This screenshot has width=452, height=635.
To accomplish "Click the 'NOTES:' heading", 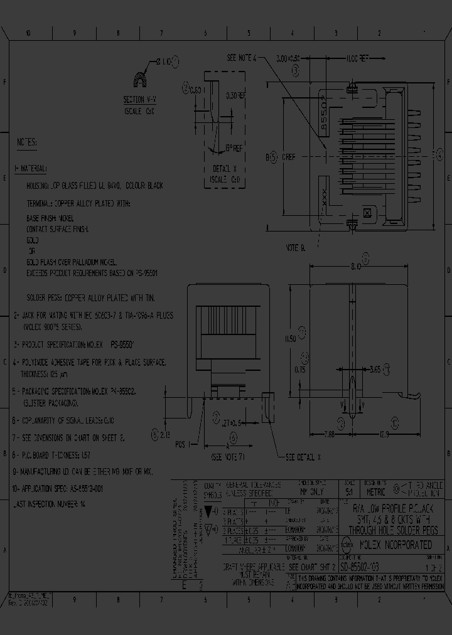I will pos(26,142).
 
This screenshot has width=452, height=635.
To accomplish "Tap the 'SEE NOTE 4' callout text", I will pos(242,58).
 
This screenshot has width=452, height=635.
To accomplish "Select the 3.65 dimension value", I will pos(376,368).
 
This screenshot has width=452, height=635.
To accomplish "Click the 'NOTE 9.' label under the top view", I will pos(295,248).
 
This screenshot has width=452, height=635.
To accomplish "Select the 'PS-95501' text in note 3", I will pos(123,345).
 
